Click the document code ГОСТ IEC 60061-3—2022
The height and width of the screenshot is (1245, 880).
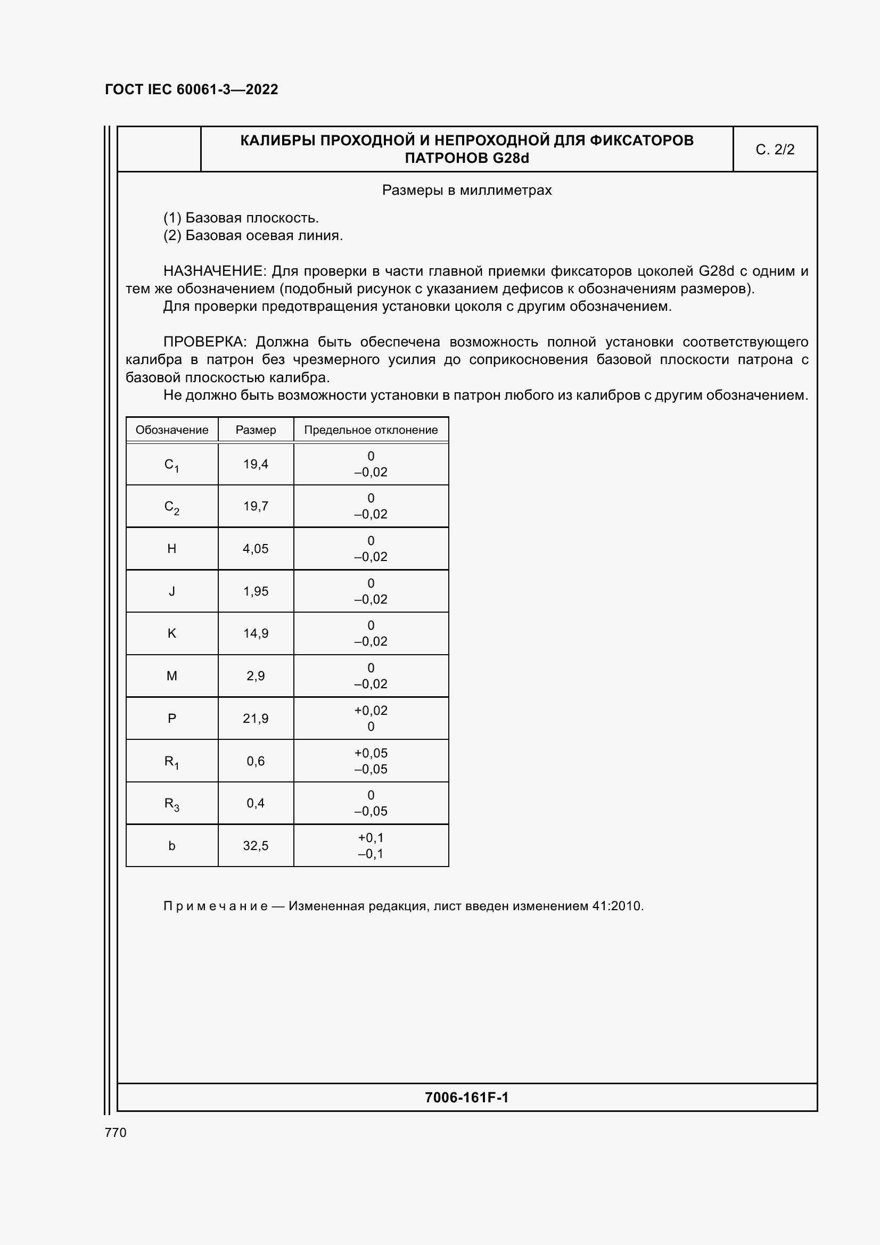(x=191, y=89)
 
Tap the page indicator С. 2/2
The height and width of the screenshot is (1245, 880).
(x=774, y=150)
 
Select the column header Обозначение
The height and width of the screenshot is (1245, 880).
(x=172, y=430)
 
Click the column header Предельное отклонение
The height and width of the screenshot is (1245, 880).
(x=371, y=430)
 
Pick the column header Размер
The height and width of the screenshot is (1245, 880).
(x=256, y=430)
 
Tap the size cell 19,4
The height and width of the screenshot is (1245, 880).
(x=256, y=464)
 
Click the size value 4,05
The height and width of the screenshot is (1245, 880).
(x=256, y=549)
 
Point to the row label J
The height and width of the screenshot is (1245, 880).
(x=172, y=591)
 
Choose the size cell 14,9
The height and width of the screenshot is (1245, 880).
(x=256, y=633)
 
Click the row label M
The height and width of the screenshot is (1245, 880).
(x=172, y=676)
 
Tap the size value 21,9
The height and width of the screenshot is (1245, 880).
(x=256, y=719)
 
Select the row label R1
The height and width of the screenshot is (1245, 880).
(x=172, y=762)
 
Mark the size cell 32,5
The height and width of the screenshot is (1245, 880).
(x=256, y=846)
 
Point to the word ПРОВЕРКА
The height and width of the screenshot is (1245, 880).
(x=205, y=342)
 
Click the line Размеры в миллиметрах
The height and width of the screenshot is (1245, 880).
(x=466, y=191)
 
